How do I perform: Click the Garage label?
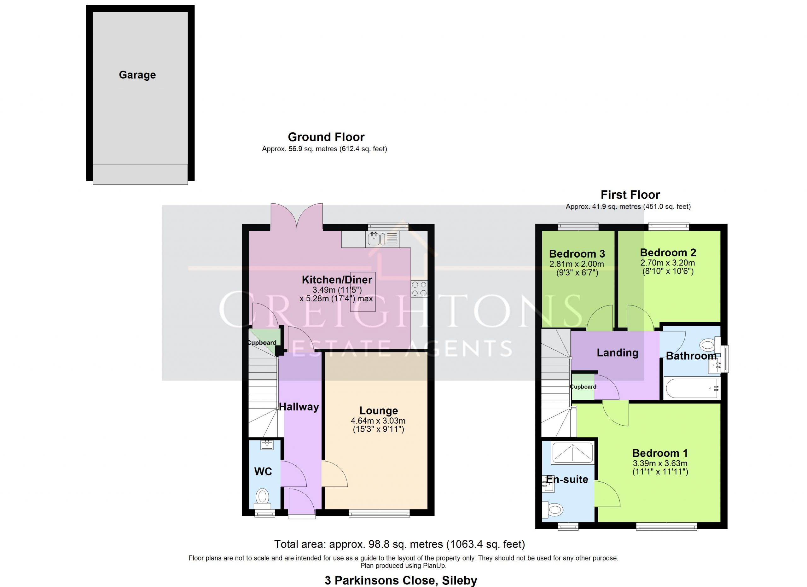pyautogui.click(x=137, y=75)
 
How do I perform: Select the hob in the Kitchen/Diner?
pyautogui.click(x=419, y=289)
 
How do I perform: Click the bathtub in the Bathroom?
pyautogui.click(x=692, y=388)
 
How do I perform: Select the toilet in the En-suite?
pyautogui.click(x=553, y=510)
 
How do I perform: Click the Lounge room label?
pyautogui.click(x=379, y=410)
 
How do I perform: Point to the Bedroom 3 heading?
pyautogui.click(x=577, y=254)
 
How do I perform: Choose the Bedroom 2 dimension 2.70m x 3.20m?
pyautogui.click(x=668, y=263)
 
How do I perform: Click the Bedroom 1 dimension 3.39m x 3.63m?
pyautogui.click(x=660, y=463)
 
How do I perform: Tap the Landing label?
pyautogui.click(x=617, y=352)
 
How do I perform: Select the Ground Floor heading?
pyautogui.click(x=326, y=137)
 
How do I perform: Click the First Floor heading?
pyautogui.click(x=630, y=195)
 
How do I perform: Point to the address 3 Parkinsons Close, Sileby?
pyautogui.click(x=401, y=580)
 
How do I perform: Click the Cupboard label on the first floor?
pyautogui.click(x=583, y=387)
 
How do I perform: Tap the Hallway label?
pyautogui.click(x=299, y=407)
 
